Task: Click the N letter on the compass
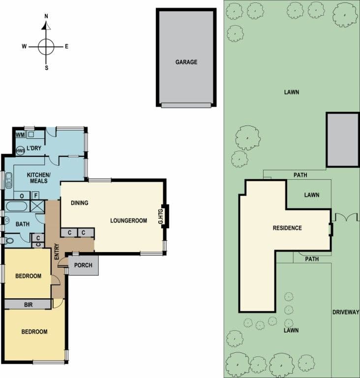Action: [46, 16]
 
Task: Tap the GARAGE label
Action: [186, 62]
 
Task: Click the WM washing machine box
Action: [21, 134]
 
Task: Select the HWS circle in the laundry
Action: [21, 151]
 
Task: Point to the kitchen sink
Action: [9, 180]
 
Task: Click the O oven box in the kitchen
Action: [22, 195]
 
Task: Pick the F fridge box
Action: [36, 195]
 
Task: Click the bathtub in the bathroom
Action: [17, 207]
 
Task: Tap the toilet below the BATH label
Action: [9, 240]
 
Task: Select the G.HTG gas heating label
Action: [161, 216]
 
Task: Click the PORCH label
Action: [83, 265]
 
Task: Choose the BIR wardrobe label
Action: [28, 305]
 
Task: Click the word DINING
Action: [80, 203]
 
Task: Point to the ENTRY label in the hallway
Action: [57, 252]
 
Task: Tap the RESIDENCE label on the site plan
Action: [287, 228]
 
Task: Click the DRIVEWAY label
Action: [346, 313]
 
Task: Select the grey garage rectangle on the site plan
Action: [343, 140]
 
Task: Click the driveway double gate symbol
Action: [346, 217]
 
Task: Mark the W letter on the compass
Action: [24, 46]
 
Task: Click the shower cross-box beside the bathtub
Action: [37, 207]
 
